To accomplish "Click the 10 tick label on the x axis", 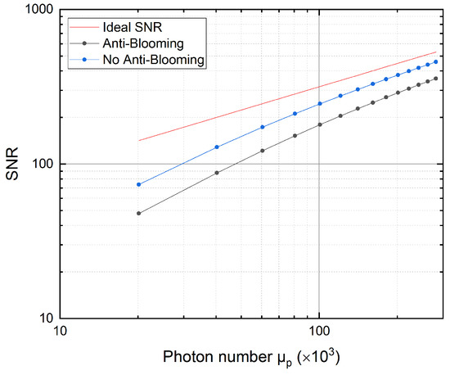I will (x=59, y=333).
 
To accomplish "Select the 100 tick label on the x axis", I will (x=319, y=333).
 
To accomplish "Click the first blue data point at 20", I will (x=138, y=184).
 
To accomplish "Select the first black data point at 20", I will (x=138, y=213).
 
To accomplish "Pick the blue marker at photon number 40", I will (x=216, y=147).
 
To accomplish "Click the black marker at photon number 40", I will (x=216, y=173).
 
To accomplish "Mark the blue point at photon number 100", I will (x=319, y=103).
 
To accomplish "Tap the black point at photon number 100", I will (x=319, y=124).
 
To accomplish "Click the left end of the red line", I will (x=138, y=141).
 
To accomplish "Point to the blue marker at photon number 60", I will (x=262, y=127).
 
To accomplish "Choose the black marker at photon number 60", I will (x=262, y=151).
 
